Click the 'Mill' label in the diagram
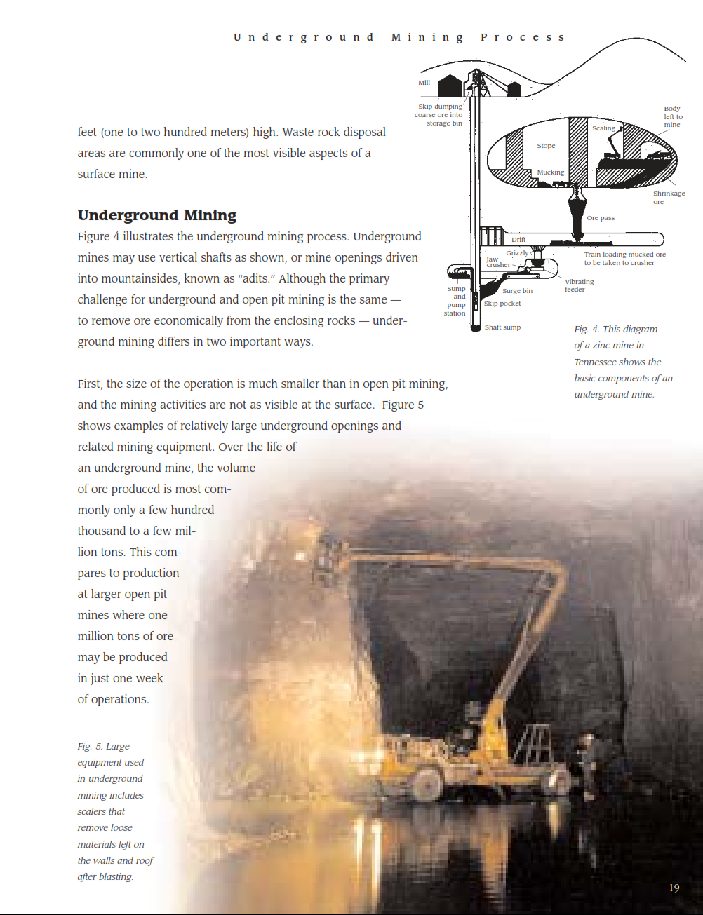point(424,83)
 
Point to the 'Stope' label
point(546,146)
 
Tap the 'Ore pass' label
point(601,218)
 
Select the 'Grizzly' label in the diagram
point(517,253)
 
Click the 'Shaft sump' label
point(502,327)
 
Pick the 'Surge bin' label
point(517,291)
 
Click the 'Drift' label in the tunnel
point(518,240)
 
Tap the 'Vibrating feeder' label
point(579,285)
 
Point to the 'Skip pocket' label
point(502,304)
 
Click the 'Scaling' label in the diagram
point(603,128)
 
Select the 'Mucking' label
point(551,172)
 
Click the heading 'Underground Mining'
point(157,215)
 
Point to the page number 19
point(674,888)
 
